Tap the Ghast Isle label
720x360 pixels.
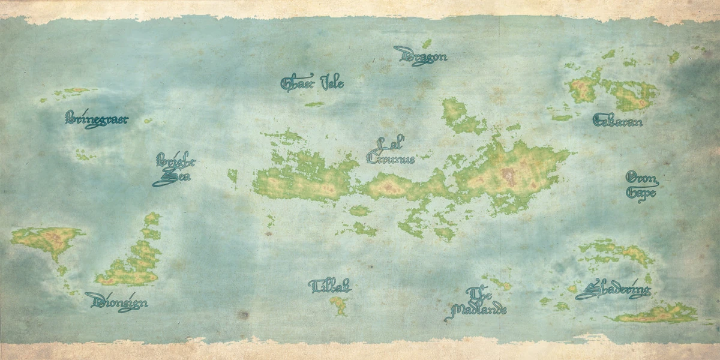click(x=312, y=83)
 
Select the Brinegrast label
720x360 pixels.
click(x=97, y=119)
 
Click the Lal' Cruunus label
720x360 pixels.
click(x=391, y=152)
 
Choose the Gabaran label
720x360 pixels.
click(x=617, y=121)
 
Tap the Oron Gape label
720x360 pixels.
click(x=641, y=185)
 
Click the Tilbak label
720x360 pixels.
click(x=329, y=286)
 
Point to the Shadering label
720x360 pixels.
click(x=613, y=290)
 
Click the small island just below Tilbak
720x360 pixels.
click(x=338, y=305)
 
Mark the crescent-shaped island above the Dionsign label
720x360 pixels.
click(x=135, y=258)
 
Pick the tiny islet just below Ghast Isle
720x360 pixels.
click(x=314, y=104)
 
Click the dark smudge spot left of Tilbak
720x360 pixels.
click(x=242, y=314)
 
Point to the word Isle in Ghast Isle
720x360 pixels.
click(x=332, y=83)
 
